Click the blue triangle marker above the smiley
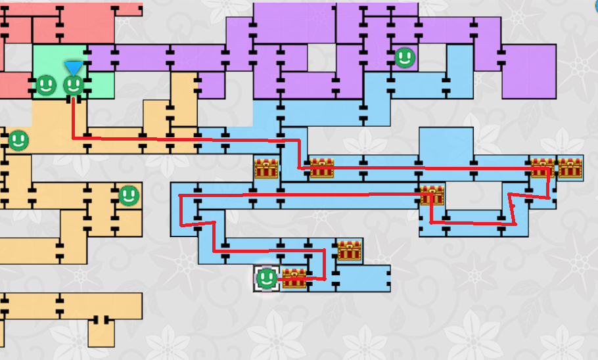(x=74, y=68)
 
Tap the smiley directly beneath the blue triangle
(x=74, y=85)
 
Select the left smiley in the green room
(x=45, y=85)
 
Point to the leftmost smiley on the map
(x=18, y=140)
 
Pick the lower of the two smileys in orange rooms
(x=129, y=194)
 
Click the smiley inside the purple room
(x=405, y=58)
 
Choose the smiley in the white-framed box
(x=266, y=279)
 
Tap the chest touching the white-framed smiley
(x=294, y=279)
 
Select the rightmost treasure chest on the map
(x=570, y=168)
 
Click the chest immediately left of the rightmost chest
(x=543, y=168)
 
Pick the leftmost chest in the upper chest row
(x=267, y=168)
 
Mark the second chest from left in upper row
(x=322, y=168)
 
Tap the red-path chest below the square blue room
(x=432, y=195)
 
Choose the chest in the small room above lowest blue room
(x=350, y=250)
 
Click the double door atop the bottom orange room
(x=101, y=320)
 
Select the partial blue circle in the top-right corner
(x=595, y=3)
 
